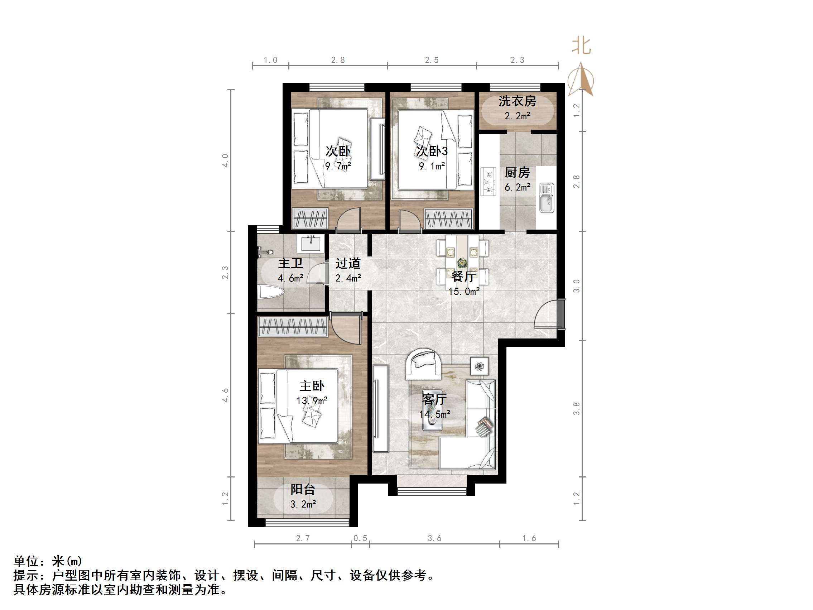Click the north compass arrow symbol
(580, 80)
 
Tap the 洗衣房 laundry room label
(517, 101)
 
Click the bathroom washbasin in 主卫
(311, 244)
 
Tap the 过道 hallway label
(348, 263)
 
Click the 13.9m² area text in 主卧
(312, 400)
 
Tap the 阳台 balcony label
(303, 489)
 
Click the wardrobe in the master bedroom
(293, 327)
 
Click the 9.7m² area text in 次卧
(338, 166)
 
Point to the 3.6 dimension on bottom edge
(434, 538)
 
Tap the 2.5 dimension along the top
(432, 60)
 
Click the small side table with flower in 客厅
(480, 366)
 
